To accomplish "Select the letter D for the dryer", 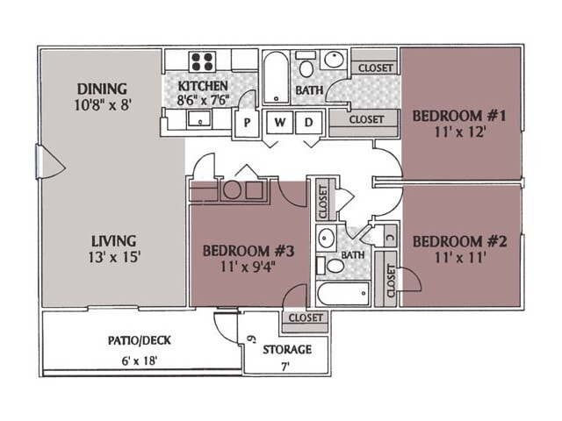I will [308, 123].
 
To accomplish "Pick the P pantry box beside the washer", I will [248, 124].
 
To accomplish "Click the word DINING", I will [102, 89].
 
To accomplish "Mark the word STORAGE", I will [287, 349].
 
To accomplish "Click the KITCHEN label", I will [203, 86].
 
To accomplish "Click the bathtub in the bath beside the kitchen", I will [274, 77].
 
